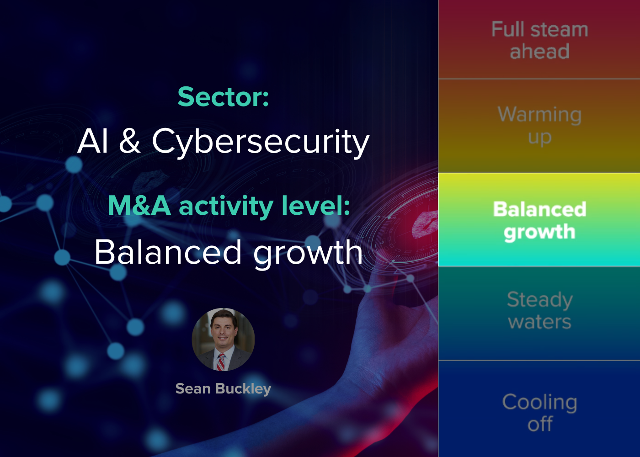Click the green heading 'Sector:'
(223, 97)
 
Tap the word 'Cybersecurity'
(261, 142)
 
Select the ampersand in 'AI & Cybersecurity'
(129, 141)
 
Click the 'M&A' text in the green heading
(139, 205)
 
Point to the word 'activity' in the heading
(226, 207)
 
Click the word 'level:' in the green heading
(316, 205)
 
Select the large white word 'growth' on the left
(308, 254)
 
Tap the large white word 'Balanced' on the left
(168, 252)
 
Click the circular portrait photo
(223, 339)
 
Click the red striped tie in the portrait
(221, 362)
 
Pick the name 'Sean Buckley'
(223, 389)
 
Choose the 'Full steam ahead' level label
(539, 40)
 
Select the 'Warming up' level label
(539, 126)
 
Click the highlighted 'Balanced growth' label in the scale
(539, 221)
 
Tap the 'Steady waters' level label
(539, 310)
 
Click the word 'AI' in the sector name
(93, 141)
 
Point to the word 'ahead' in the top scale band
(539, 51)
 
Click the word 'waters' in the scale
(539, 322)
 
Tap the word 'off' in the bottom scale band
(540, 424)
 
